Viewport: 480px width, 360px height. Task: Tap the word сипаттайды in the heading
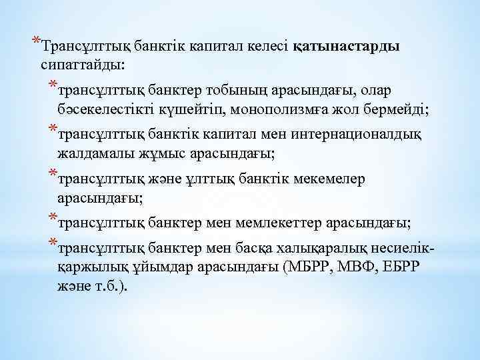(x=86, y=65)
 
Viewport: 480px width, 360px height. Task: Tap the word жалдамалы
(x=89, y=154)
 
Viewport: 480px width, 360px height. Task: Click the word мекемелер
(x=333, y=179)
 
